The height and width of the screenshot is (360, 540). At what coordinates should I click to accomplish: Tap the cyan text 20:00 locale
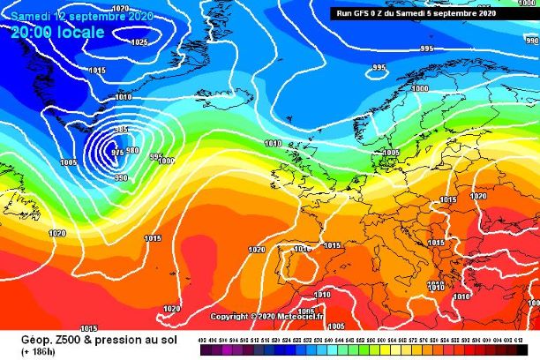57,32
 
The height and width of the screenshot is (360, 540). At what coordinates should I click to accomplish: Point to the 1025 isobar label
139,41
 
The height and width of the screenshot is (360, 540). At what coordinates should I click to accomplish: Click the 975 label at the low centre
118,153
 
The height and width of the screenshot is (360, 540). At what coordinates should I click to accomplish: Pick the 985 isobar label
122,130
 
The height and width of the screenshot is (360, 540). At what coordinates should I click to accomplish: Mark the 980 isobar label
132,150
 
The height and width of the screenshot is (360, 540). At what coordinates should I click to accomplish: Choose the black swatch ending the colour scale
532,350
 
